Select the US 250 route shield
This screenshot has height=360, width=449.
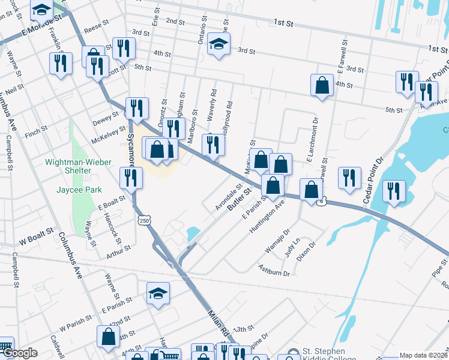click(145, 221)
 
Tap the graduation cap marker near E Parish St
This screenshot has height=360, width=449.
click(158, 293)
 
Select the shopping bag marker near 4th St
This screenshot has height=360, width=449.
click(322, 85)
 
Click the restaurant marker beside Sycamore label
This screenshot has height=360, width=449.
click(130, 178)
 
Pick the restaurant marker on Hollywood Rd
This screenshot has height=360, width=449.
click(213, 145)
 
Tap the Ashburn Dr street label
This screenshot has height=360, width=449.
click(274, 270)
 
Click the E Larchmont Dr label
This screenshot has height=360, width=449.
click(311, 146)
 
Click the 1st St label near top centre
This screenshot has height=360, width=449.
click(283, 22)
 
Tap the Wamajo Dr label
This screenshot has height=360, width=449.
click(279, 239)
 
